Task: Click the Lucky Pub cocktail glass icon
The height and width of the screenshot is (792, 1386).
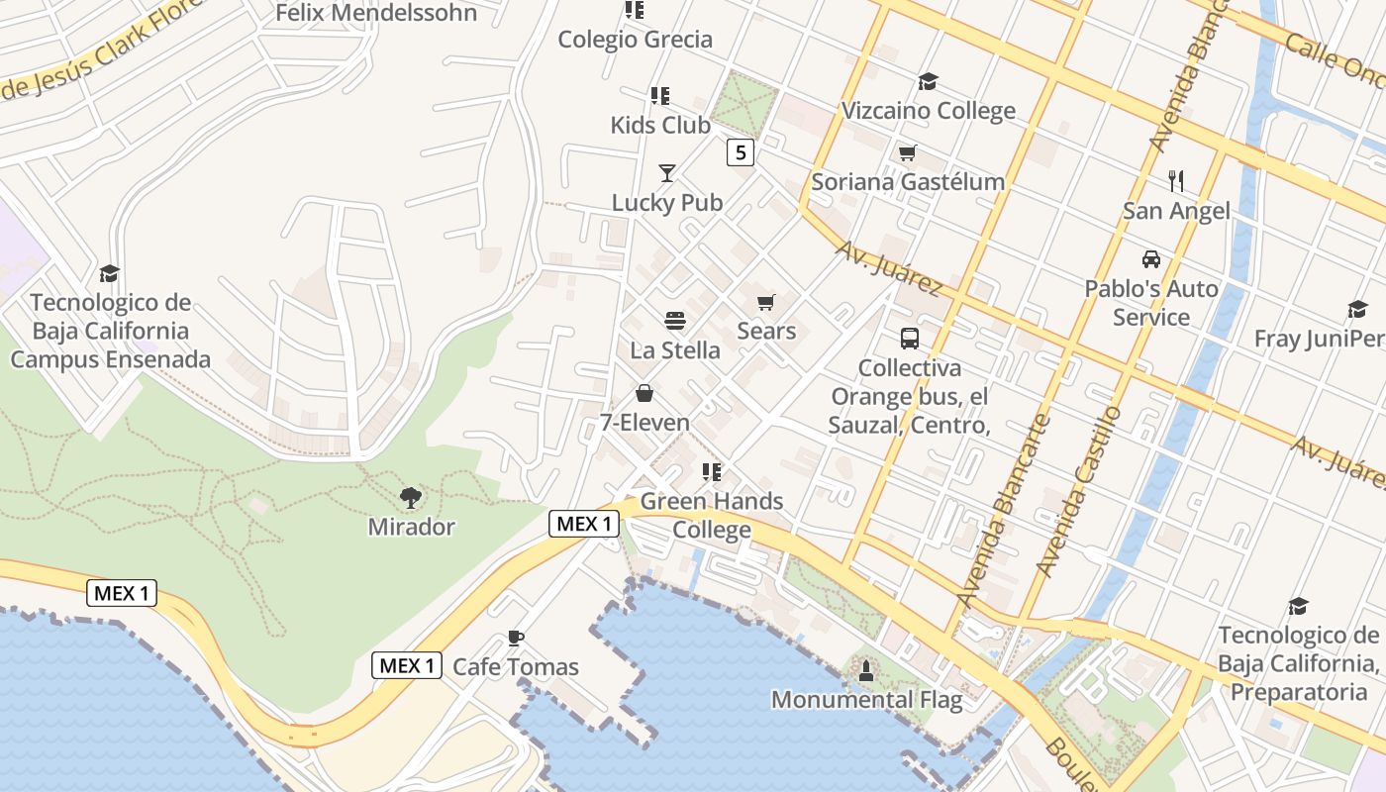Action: point(667,173)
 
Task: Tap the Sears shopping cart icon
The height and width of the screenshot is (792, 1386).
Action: point(765,302)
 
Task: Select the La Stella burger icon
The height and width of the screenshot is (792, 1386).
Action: point(675,321)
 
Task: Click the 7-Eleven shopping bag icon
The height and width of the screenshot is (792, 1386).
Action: point(644,394)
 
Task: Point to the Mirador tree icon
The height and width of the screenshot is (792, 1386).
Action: point(411,497)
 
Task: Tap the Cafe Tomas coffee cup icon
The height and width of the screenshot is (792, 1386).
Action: point(515,638)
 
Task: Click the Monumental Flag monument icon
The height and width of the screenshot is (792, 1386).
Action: point(866,670)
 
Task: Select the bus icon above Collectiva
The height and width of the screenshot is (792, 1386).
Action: point(910,339)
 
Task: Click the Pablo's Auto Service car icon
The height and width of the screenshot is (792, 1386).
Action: point(1151,259)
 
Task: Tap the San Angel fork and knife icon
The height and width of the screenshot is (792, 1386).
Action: point(1176,181)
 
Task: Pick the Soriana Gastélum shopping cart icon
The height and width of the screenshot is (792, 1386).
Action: point(907,152)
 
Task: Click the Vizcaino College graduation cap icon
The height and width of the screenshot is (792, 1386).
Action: point(928,81)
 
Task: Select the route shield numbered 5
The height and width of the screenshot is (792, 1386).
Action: point(741,152)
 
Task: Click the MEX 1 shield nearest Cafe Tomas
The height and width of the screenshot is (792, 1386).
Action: point(407,665)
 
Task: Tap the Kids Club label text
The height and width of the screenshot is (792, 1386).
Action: point(660,125)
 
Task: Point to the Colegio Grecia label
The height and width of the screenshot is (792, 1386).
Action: point(636,40)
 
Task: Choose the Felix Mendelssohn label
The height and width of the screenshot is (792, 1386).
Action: point(376,13)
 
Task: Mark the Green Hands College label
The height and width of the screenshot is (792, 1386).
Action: point(712,515)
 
